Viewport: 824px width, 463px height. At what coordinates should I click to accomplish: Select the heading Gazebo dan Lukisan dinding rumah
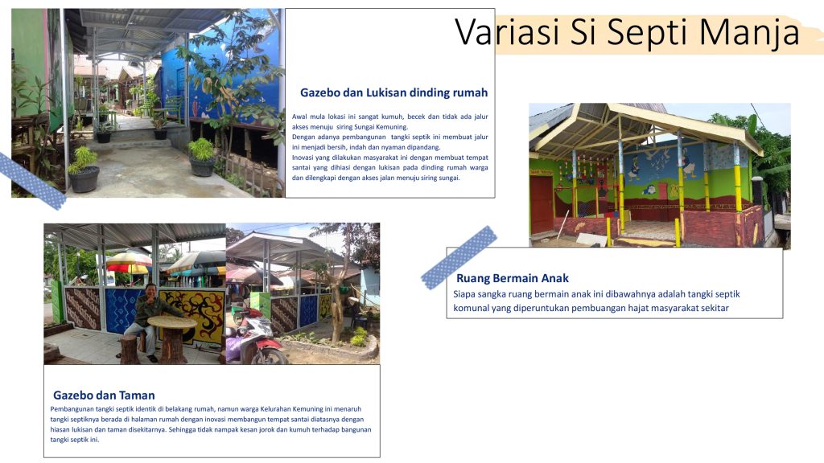pyautogui.click(x=393, y=93)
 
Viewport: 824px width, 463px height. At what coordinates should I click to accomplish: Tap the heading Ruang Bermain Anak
pyautogui.click(x=513, y=278)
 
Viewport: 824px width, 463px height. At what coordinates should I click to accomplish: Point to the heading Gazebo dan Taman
pyautogui.click(x=104, y=395)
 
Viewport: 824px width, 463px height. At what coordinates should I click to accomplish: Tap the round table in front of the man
pyautogui.click(x=172, y=336)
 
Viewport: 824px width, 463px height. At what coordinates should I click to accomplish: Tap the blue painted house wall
pyautogui.click(x=226, y=73)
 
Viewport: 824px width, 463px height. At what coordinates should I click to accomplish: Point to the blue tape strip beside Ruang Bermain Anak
pyautogui.click(x=459, y=258)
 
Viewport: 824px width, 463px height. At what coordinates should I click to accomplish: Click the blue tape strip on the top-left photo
pyautogui.click(x=31, y=181)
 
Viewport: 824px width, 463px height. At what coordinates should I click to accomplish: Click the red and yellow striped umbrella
pyautogui.click(x=129, y=262)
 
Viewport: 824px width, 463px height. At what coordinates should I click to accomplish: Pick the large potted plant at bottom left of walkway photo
pyautogui.click(x=84, y=170)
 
